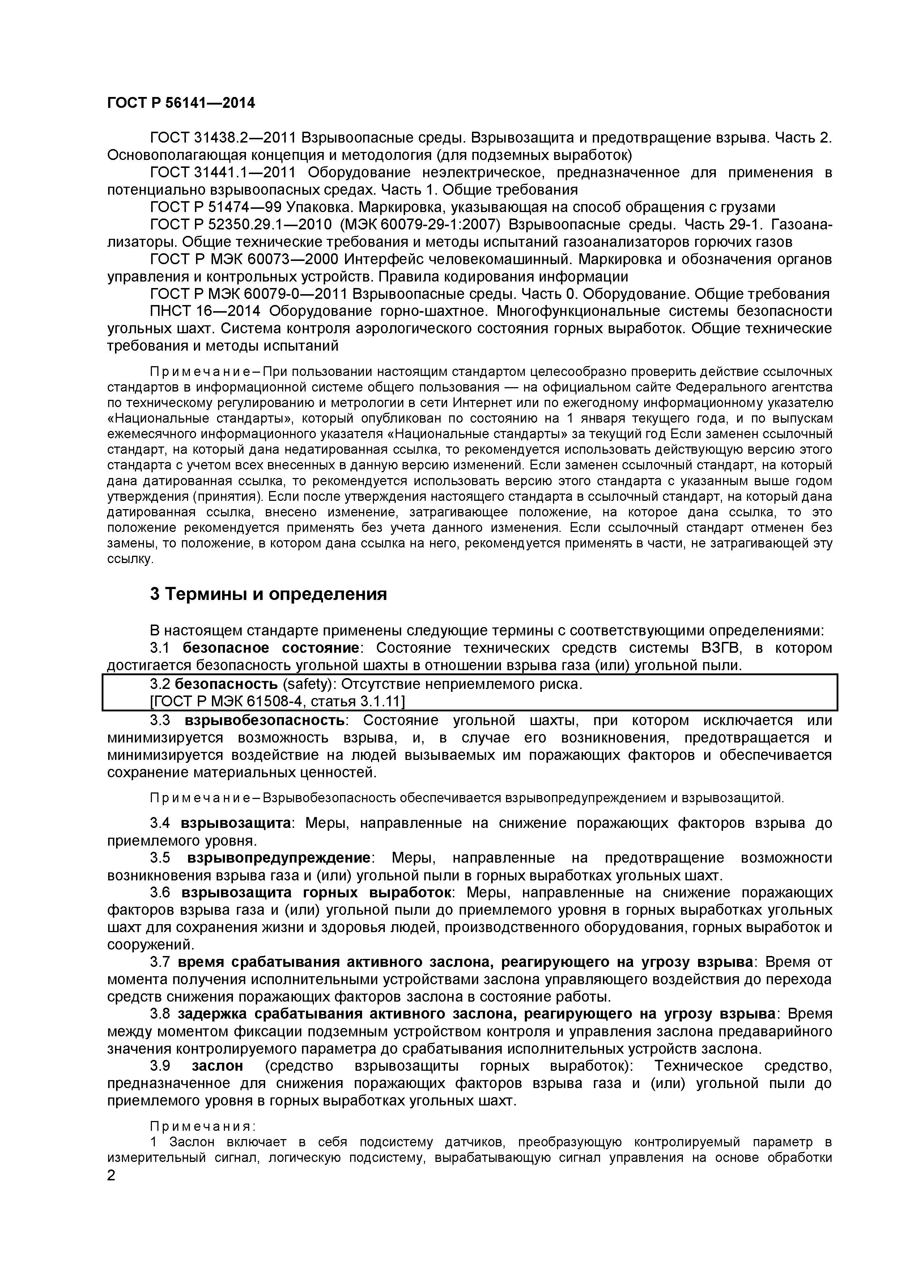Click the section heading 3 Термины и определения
coord(268,594)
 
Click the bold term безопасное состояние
coord(271,648)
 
